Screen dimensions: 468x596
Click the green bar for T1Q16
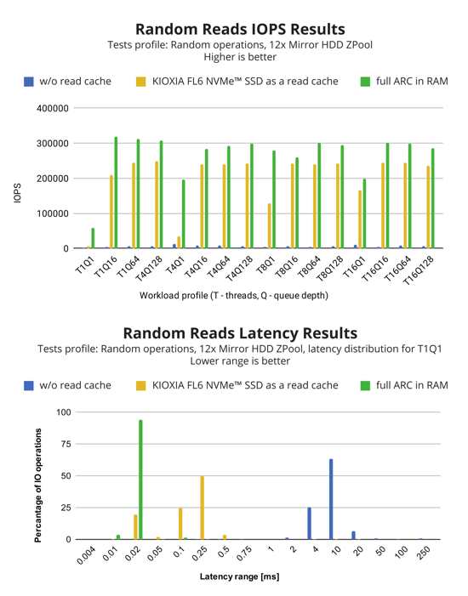[x=116, y=192]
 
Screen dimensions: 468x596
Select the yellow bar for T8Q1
[x=270, y=226]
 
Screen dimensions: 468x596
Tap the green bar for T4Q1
[x=184, y=214]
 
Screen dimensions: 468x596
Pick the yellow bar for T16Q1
[x=360, y=219]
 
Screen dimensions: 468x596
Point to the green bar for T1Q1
[x=94, y=238]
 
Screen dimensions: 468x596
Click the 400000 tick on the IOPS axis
[x=53, y=108]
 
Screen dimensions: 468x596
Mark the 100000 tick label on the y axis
[x=53, y=214]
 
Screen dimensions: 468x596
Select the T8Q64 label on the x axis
[x=309, y=266]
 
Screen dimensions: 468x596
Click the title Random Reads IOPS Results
[x=240, y=29]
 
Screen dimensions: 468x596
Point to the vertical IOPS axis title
[x=18, y=193]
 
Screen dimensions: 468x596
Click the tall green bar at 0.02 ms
[x=140, y=480]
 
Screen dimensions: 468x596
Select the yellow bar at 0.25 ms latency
[x=202, y=508]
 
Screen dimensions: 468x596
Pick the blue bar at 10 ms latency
[x=331, y=499]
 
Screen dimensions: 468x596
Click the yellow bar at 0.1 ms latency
[x=180, y=524]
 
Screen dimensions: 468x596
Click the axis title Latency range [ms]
[x=239, y=576]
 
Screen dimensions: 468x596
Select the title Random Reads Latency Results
[x=240, y=333]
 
